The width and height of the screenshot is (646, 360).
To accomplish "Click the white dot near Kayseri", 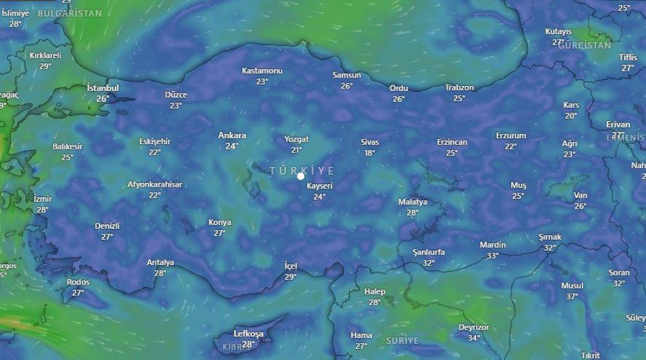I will (300, 176).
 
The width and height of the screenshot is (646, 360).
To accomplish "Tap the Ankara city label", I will (232, 136).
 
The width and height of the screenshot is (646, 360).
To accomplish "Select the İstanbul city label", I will (103, 88).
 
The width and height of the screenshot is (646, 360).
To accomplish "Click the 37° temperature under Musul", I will (572, 297).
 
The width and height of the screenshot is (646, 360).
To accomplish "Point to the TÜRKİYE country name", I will (302, 171).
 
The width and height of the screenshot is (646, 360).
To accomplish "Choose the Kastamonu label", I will (262, 70).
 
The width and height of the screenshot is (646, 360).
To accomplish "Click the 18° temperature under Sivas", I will (370, 153).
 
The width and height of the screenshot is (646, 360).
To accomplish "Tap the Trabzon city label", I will (459, 88).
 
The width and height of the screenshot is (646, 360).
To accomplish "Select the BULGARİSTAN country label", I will (70, 14).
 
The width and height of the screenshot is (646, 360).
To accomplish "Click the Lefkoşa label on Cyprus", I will (248, 334).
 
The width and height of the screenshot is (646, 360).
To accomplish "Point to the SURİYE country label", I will (402, 341).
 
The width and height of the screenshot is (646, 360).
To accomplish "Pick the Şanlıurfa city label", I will (428, 252).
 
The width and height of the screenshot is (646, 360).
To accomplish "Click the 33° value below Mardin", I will (492, 256).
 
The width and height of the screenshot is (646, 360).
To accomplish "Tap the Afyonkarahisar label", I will (154, 184).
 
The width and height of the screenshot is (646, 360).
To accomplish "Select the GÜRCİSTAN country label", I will (584, 46).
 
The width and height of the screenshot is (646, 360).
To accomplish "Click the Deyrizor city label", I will (474, 327).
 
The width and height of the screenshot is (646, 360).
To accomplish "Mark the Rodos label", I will (78, 282).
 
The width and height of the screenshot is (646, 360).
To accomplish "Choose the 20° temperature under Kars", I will (571, 116).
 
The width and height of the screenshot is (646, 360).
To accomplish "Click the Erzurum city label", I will (511, 136).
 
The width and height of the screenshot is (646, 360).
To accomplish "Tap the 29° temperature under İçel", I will (291, 277).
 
